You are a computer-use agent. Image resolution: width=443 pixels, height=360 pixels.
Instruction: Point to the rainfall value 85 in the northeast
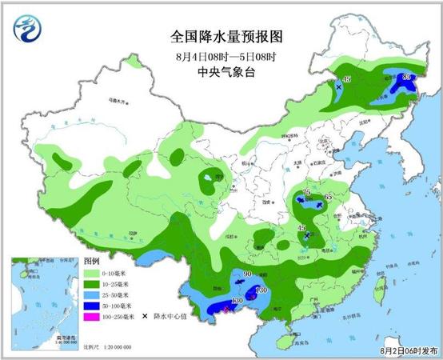[407, 76]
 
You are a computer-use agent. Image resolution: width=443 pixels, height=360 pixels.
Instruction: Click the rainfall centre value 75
[306, 193]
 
